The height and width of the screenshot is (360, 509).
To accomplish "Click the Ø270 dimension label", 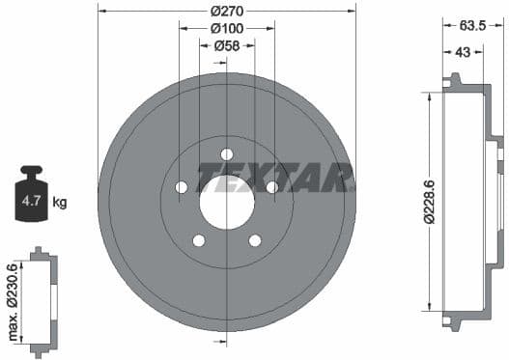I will coord(227,12).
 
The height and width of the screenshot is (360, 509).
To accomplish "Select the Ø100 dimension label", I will coord(227,28).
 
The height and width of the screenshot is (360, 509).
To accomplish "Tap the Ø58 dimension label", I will coord(227,44).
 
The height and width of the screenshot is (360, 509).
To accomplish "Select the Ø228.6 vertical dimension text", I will coord(414,202).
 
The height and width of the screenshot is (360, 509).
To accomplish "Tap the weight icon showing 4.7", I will coord(31,200).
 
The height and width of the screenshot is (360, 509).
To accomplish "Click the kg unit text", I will coord(60,203).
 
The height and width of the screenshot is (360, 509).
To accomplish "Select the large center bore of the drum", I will coord(227,203).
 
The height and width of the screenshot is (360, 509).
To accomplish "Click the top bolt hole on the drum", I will coord(227,154).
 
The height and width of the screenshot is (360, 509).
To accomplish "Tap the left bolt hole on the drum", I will coord(182,187).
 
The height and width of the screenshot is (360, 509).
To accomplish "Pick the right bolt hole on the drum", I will coord(272,187).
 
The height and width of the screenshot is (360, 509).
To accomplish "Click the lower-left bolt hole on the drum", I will coord(199,240).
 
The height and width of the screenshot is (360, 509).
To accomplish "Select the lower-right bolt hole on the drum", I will coord(255,240).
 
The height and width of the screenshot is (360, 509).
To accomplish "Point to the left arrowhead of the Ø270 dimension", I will coord(102,12).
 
